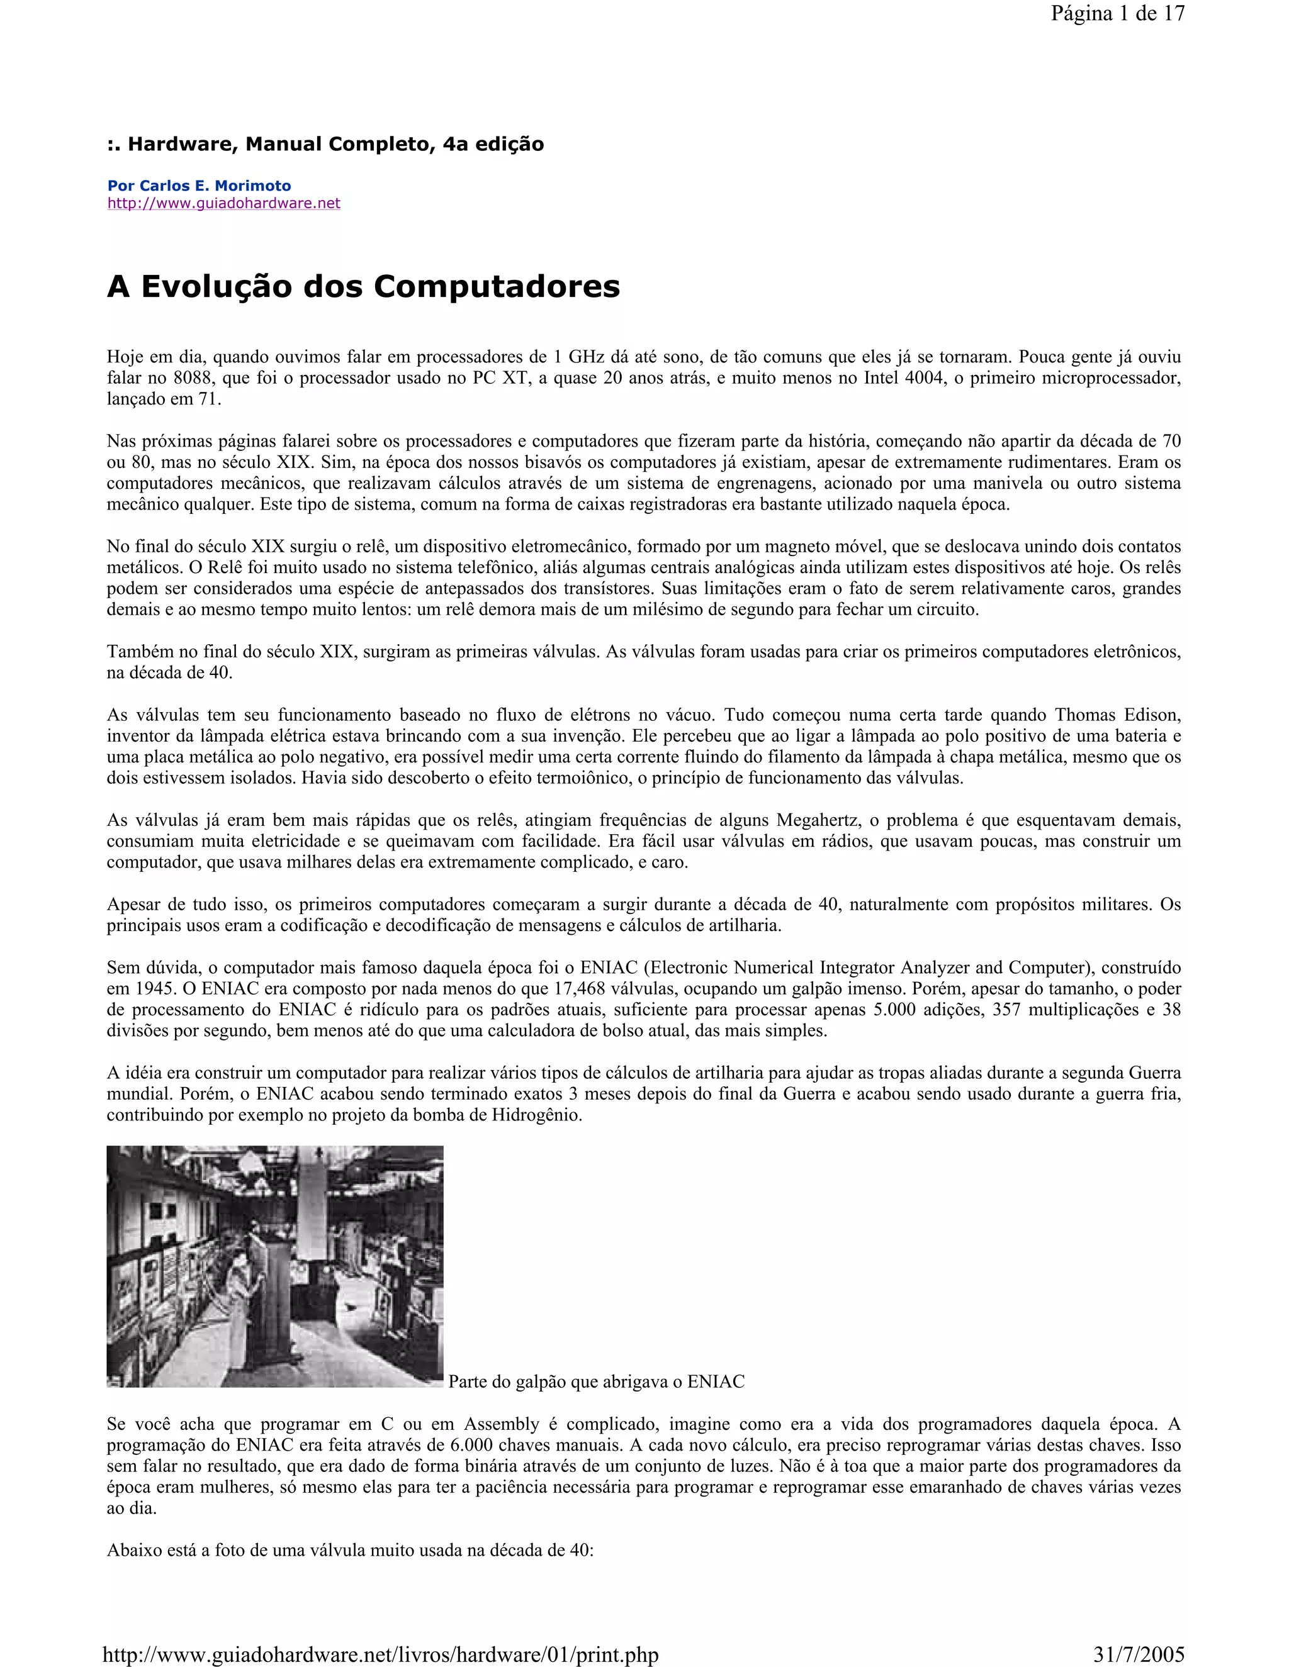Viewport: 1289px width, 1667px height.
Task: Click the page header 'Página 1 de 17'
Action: click(1117, 14)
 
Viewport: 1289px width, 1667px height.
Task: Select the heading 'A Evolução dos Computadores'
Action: click(364, 287)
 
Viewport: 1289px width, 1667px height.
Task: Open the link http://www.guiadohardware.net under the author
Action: click(223, 203)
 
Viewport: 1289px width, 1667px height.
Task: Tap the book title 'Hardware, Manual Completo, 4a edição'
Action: click(335, 144)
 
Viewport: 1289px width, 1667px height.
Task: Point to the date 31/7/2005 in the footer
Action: click(1138, 1655)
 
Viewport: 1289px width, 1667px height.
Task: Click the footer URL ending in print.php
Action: click(380, 1655)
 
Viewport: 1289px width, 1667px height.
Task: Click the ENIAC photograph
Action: click(275, 1266)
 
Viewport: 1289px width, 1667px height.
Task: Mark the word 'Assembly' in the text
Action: click(502, 1424)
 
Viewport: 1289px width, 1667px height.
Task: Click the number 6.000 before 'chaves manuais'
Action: click(476, 1445)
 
